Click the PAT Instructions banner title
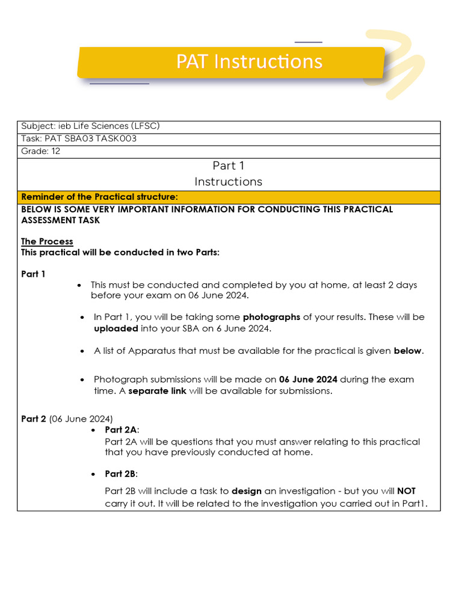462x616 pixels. pos(249,62)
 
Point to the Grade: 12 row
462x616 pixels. pos(40,151)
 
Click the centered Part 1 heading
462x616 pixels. pos(229,165)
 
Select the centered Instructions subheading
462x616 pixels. pos(229,181)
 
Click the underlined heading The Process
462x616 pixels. pos(47,241)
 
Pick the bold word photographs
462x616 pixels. pos(271,316)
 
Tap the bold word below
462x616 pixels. pos(407,351)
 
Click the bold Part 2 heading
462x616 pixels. pos(34,419)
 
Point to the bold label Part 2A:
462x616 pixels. pos(122,430)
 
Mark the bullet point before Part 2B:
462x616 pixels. pos(93,474)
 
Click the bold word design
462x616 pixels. pos(247,491)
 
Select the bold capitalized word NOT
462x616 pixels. pos(406,491)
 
